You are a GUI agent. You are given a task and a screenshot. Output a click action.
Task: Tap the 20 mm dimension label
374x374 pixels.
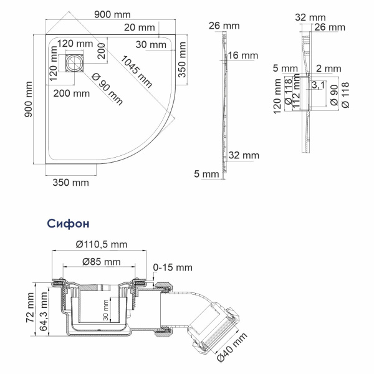(138, 27)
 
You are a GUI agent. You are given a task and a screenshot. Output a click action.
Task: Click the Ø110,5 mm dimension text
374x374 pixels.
(101, 244)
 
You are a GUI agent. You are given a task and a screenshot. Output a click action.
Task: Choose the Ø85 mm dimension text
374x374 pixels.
(99, 260)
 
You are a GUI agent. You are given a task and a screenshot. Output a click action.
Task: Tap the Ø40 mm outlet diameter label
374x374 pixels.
(233, 347)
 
